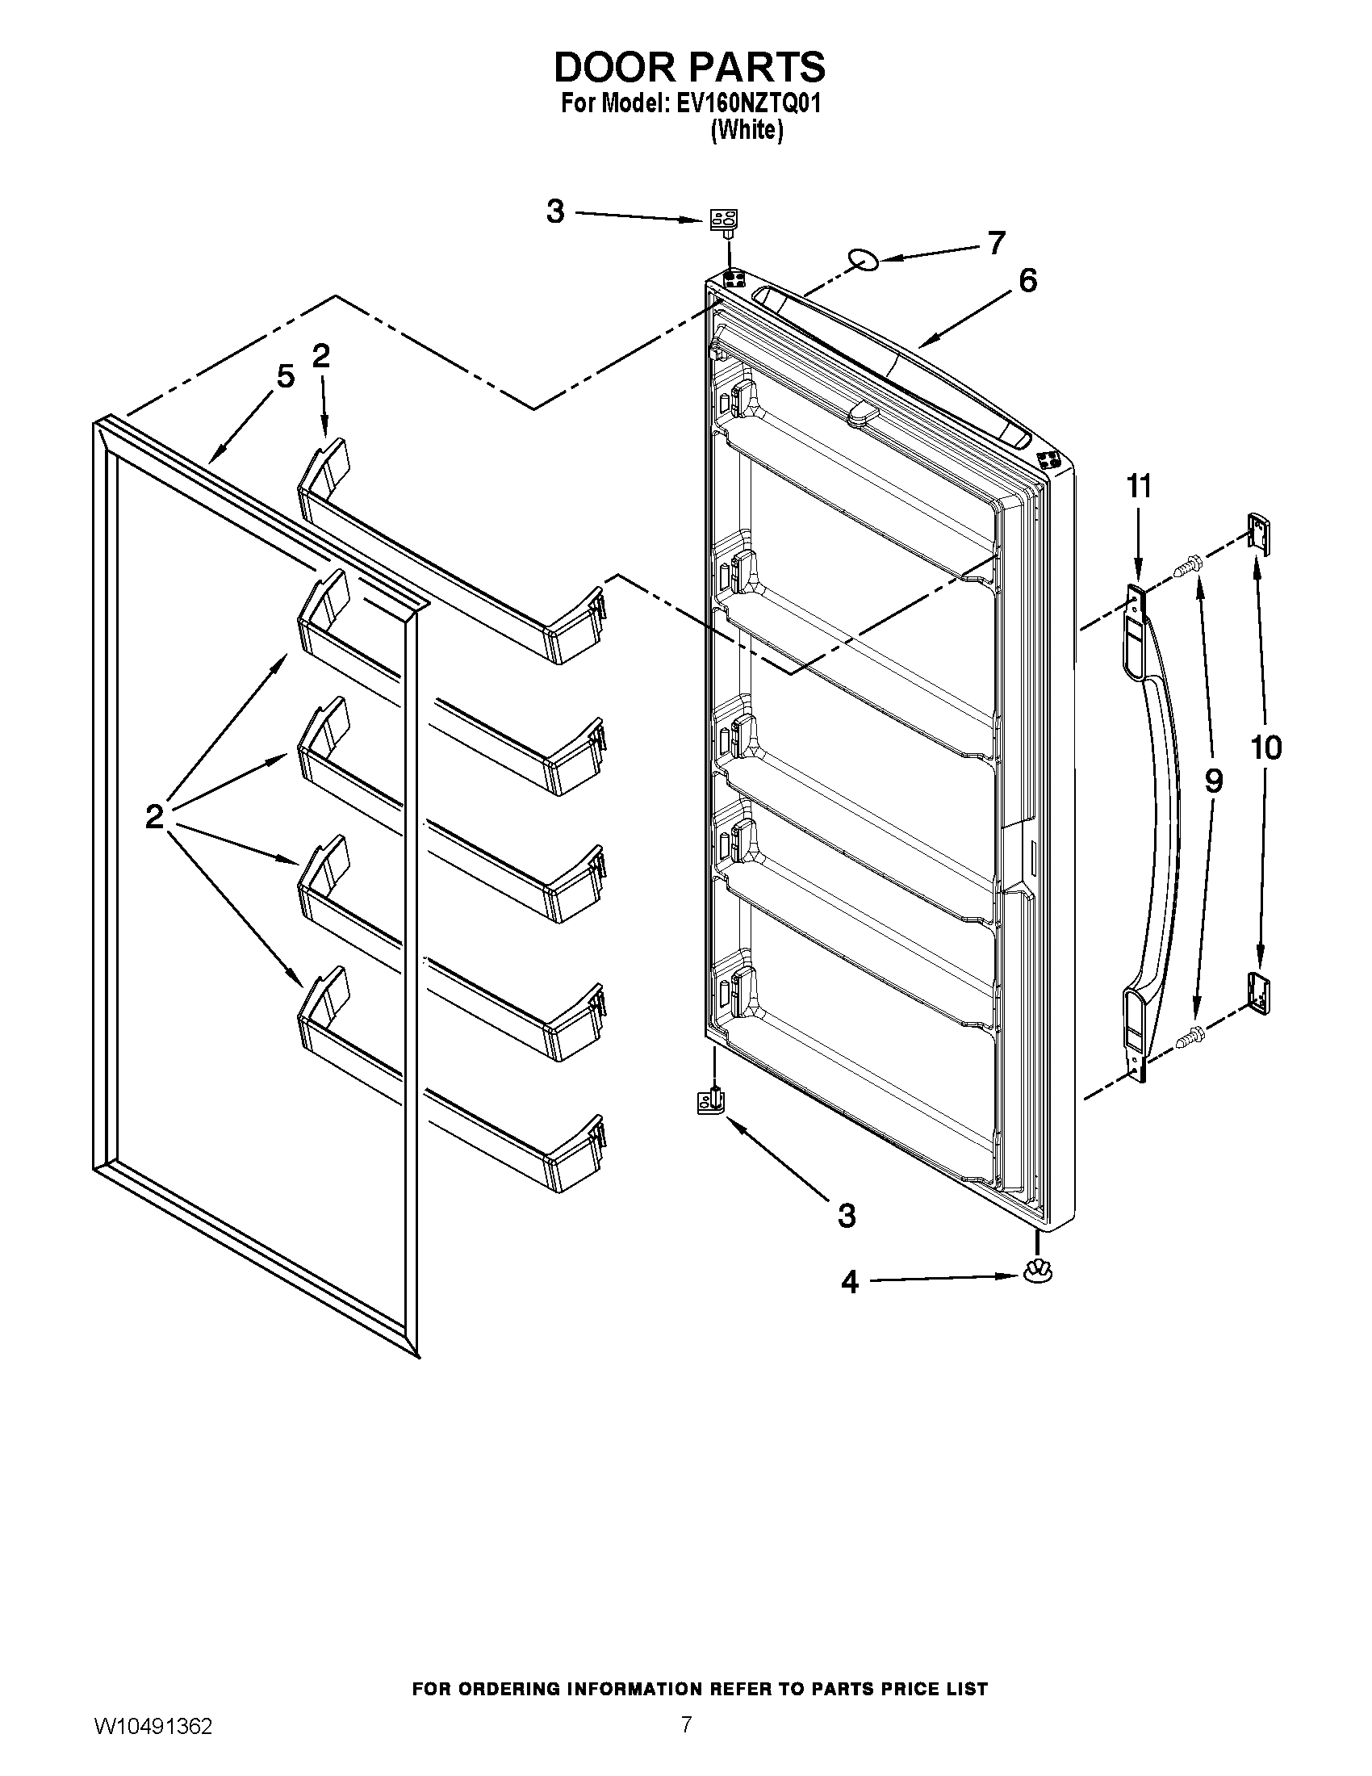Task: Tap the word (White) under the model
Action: click(x=747, y=130)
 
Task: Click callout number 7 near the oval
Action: click(x=996, y=242)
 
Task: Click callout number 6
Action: click(x=1027, y=281)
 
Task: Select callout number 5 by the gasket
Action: click(x=284, y=376)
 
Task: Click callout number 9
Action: click(x=1212, y=781)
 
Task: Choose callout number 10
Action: click(x=1265, y=747)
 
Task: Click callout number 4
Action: click(x=849, y=1283)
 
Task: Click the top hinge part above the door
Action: click(x=725, y=220)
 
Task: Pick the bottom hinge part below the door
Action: click(x=712, y=1102)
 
